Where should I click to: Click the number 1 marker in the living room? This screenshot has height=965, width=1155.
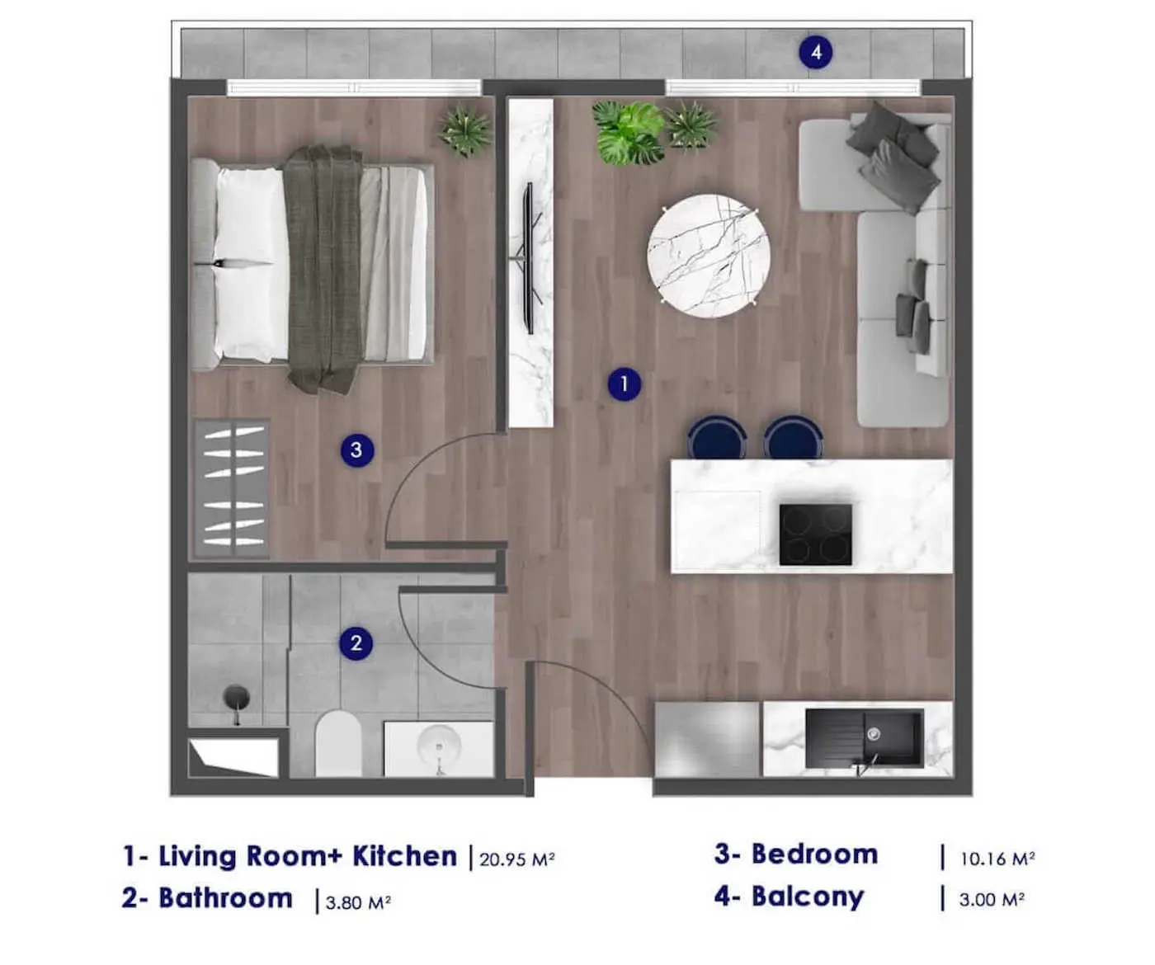pos(624,384)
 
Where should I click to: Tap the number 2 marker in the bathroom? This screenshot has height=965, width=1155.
pos(356,643)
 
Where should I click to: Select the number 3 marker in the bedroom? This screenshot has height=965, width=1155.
pos(356,450)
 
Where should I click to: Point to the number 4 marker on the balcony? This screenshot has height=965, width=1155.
pos(815,53)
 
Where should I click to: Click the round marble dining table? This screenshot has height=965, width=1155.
pos(709,256)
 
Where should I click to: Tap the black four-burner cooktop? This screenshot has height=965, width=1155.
pos(815,534)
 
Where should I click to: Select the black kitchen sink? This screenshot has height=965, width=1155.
pos(863,738)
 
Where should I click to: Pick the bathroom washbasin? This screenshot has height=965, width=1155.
pos(438,747)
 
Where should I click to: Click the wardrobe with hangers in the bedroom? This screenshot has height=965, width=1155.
pos(232,488)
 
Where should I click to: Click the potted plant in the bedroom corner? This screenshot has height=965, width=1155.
pos(466,130)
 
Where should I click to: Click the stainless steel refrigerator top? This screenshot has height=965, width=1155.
pos(707,739)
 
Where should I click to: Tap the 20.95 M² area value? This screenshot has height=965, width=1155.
pos(516,859)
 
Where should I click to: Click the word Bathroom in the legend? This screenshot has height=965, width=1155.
pos(225,898)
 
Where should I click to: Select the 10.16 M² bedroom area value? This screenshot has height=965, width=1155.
pos(997,859)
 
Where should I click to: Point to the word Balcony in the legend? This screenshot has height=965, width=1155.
pos(807,897)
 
